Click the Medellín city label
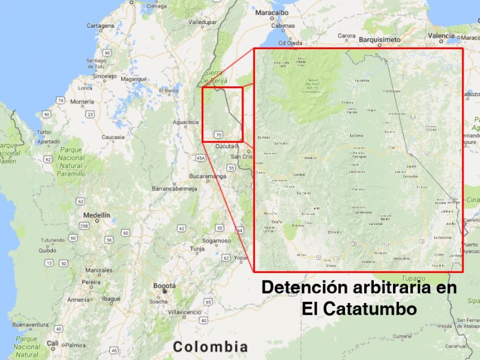tap(97, 215)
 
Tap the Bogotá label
tap(164, 286)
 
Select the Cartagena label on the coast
tap(100, 26)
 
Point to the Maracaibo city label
tap(271, 12)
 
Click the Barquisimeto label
tap(379, 39)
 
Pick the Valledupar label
tap(203, 22)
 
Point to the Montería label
tap(82, 101)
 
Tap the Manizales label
tap(99, 270)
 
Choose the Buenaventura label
tap(30, 324)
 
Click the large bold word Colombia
tap(210, 347)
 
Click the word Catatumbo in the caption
tap(358, 308)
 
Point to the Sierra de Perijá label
tap(214, 76)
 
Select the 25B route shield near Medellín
tap(84, 226)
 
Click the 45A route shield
tap(201, 158)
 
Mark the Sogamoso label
tap(216, 241)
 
